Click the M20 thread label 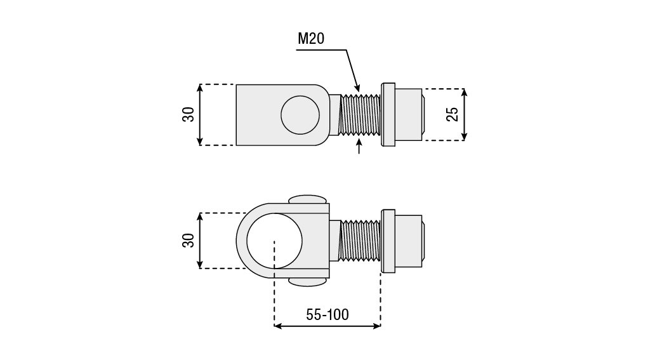click(311, 39)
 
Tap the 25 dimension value click(452, 114)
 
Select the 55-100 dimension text click(327, 314)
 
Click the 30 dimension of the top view click(188, 114)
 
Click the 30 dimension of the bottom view click(188, 241)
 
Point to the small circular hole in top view click(300, 115)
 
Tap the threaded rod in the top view click(360, 115)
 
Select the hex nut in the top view click(408, 115)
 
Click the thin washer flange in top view click(388, 115)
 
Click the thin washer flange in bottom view click(388, 240)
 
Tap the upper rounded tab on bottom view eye click(308, 199)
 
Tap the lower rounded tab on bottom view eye click(308, 281)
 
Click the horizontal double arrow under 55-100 click(327, 326)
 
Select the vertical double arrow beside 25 click(465, 114)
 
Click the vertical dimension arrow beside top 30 click(200, 114)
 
